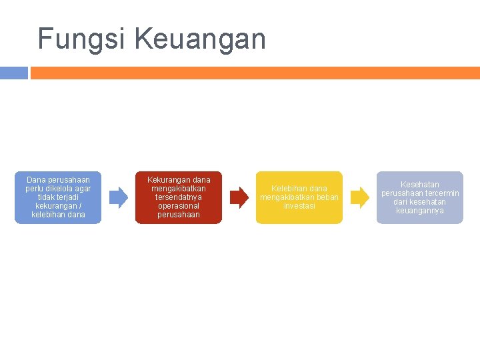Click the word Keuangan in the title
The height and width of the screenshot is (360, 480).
[x=200, y=40]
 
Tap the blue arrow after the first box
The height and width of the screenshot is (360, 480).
[x=118, y=197]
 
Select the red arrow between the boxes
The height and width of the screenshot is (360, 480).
[x=239, y=197]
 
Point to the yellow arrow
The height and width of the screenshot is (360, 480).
[x=359, y=197]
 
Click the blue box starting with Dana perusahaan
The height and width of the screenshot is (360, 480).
[x=58, y=197]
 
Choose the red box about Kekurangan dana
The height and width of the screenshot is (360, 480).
[x=179, y=197]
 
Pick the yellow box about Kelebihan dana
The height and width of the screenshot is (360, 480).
[x=299, y=197]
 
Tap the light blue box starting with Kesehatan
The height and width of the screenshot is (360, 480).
[x=420, y=197]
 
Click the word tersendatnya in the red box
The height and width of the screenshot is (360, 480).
[x=179, y=197]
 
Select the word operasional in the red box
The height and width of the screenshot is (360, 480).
[x=179, y=206]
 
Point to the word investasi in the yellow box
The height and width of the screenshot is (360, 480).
[x=299, y=206]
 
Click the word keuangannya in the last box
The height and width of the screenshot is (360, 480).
[x=420, y=211]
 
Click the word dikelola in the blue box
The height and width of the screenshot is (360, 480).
[x=55, y=189]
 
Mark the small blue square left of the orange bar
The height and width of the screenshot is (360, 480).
[x=13, y=73]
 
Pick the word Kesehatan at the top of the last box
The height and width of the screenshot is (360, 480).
[x=420, y=184]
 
